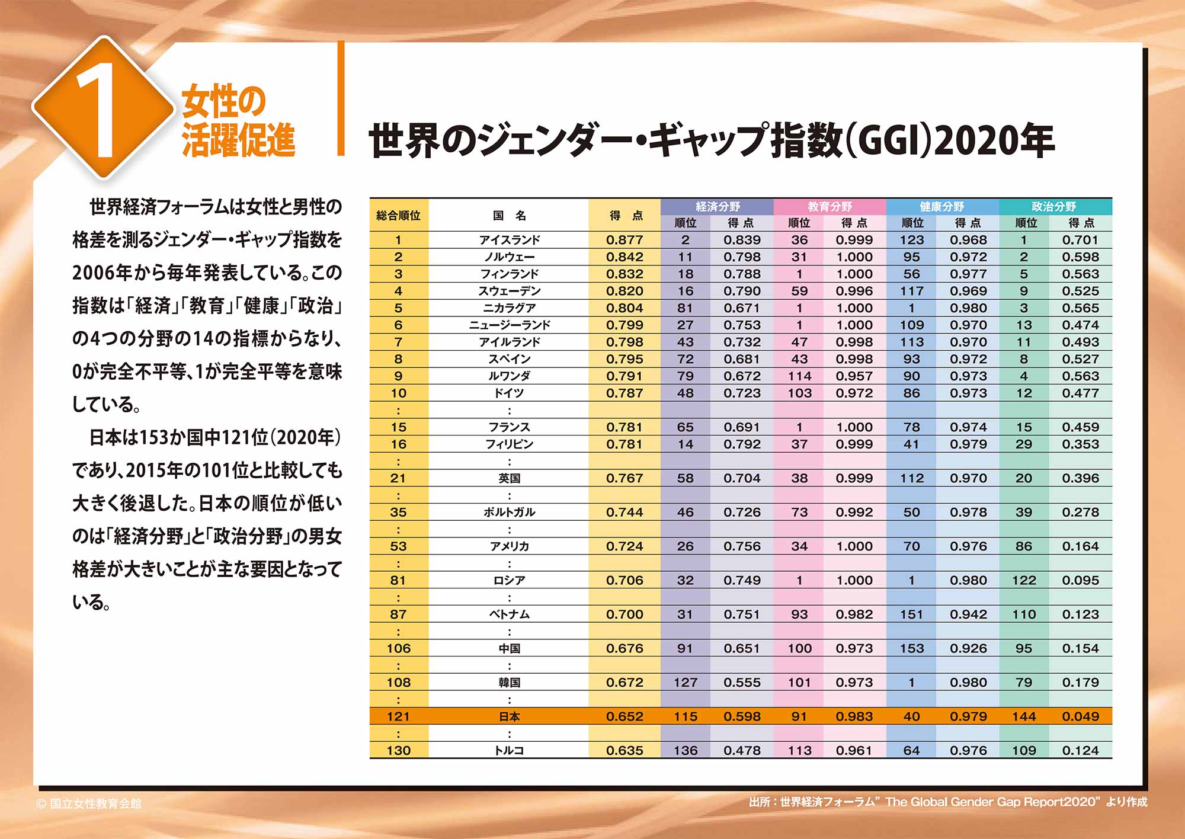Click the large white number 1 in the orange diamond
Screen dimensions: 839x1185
click(x=102, y=109)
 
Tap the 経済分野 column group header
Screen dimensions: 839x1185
click(x=718, y=207)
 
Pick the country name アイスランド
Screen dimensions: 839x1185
click(x=510, y=240)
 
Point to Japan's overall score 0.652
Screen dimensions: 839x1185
click(x=624, y=716)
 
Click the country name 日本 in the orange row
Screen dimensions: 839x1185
click(x=510, y=716)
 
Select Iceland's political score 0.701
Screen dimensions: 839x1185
click(x=1080, y=240)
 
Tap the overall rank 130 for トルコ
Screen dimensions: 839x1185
click(x=398, y=751)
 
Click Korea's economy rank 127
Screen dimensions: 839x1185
click(x=685, y=683)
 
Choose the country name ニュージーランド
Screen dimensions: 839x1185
click(x=510, y=325)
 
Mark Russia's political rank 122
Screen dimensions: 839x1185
click(x=1024, y=581)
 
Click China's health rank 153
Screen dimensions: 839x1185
click(x=912, y=649)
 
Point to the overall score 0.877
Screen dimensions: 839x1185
click(x=624, y=240)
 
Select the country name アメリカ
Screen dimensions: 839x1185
click(x=510, y=546)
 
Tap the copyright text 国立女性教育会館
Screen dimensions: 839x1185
click(x=95, y=803)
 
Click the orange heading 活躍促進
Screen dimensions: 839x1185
click(x=238, y=140)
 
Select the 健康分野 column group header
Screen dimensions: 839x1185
click(x=941, y=207)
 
